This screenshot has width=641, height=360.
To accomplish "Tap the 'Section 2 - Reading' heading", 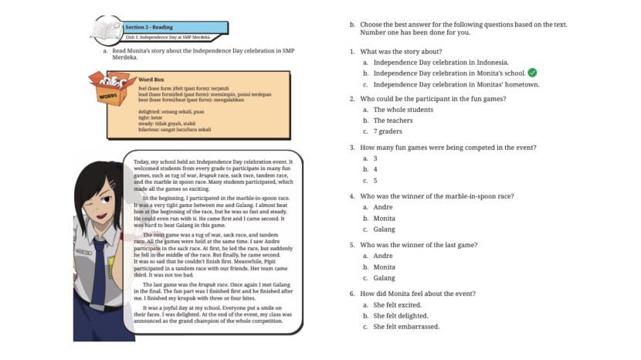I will pyautogui.click(x=149, y=27).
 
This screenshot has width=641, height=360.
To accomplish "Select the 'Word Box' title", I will pyautogui.click(x=151, y=80).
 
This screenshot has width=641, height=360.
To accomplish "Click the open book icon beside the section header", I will pyautogui.click(x=105, y=29).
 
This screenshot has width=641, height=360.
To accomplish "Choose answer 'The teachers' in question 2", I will pyautogui.click(x=392, y=121).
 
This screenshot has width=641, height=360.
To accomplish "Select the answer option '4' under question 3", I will pyautogui.click(x=375, y=168).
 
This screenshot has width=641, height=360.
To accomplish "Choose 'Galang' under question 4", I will pyautogui.click(x=384, y=229).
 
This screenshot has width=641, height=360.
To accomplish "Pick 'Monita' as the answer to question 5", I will pyautogui.click(x=384, y=267).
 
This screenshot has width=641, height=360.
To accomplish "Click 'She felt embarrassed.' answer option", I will pyautogui.click(x=406, y=326).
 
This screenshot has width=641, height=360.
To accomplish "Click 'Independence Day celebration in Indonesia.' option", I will pyautogui.click(x=440, y=62).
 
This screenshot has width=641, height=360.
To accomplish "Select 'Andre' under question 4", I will pyautogui.click(x=383, y=207).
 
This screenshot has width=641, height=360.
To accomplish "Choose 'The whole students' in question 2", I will pyautogui.click(x=403, y=110).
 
